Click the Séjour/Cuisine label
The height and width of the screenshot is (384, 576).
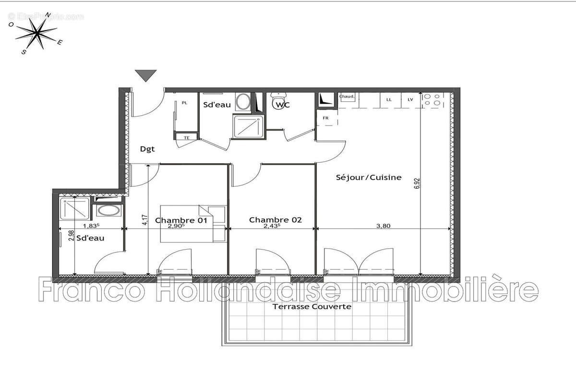[368, 177]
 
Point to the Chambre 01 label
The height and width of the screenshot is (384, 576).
[181, 220]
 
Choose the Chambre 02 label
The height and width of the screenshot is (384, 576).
[275, 220]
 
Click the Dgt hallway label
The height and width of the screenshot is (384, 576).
[147, 149]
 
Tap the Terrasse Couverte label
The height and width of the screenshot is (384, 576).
[312, 306]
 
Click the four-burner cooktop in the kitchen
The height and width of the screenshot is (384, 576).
[432, 100]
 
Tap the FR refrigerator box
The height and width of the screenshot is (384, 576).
[325, 118]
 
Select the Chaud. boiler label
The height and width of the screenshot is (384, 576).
[347, 96]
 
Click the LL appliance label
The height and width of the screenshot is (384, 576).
[388, 99]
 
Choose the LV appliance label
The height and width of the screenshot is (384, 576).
[410, 99]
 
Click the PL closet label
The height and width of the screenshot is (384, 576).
[184, 103]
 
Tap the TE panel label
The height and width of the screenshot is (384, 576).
[187, 138]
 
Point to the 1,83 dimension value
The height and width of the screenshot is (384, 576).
[91, 226]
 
